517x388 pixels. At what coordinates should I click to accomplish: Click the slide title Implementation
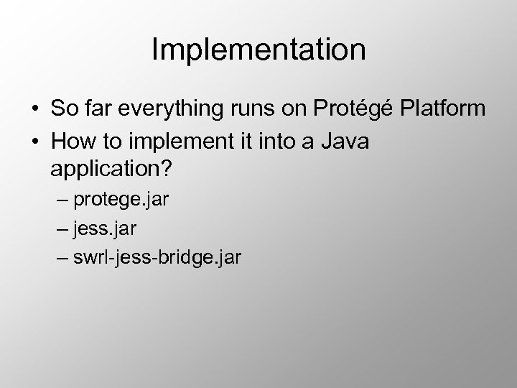click(x=258, y=50)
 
